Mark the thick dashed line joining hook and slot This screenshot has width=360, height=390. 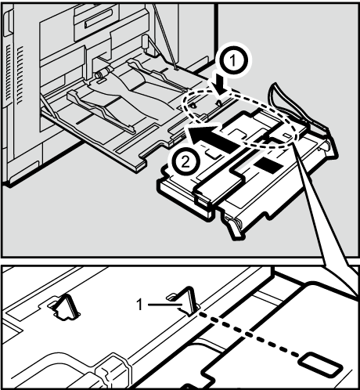pyautogui.click(x=250, y=334)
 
